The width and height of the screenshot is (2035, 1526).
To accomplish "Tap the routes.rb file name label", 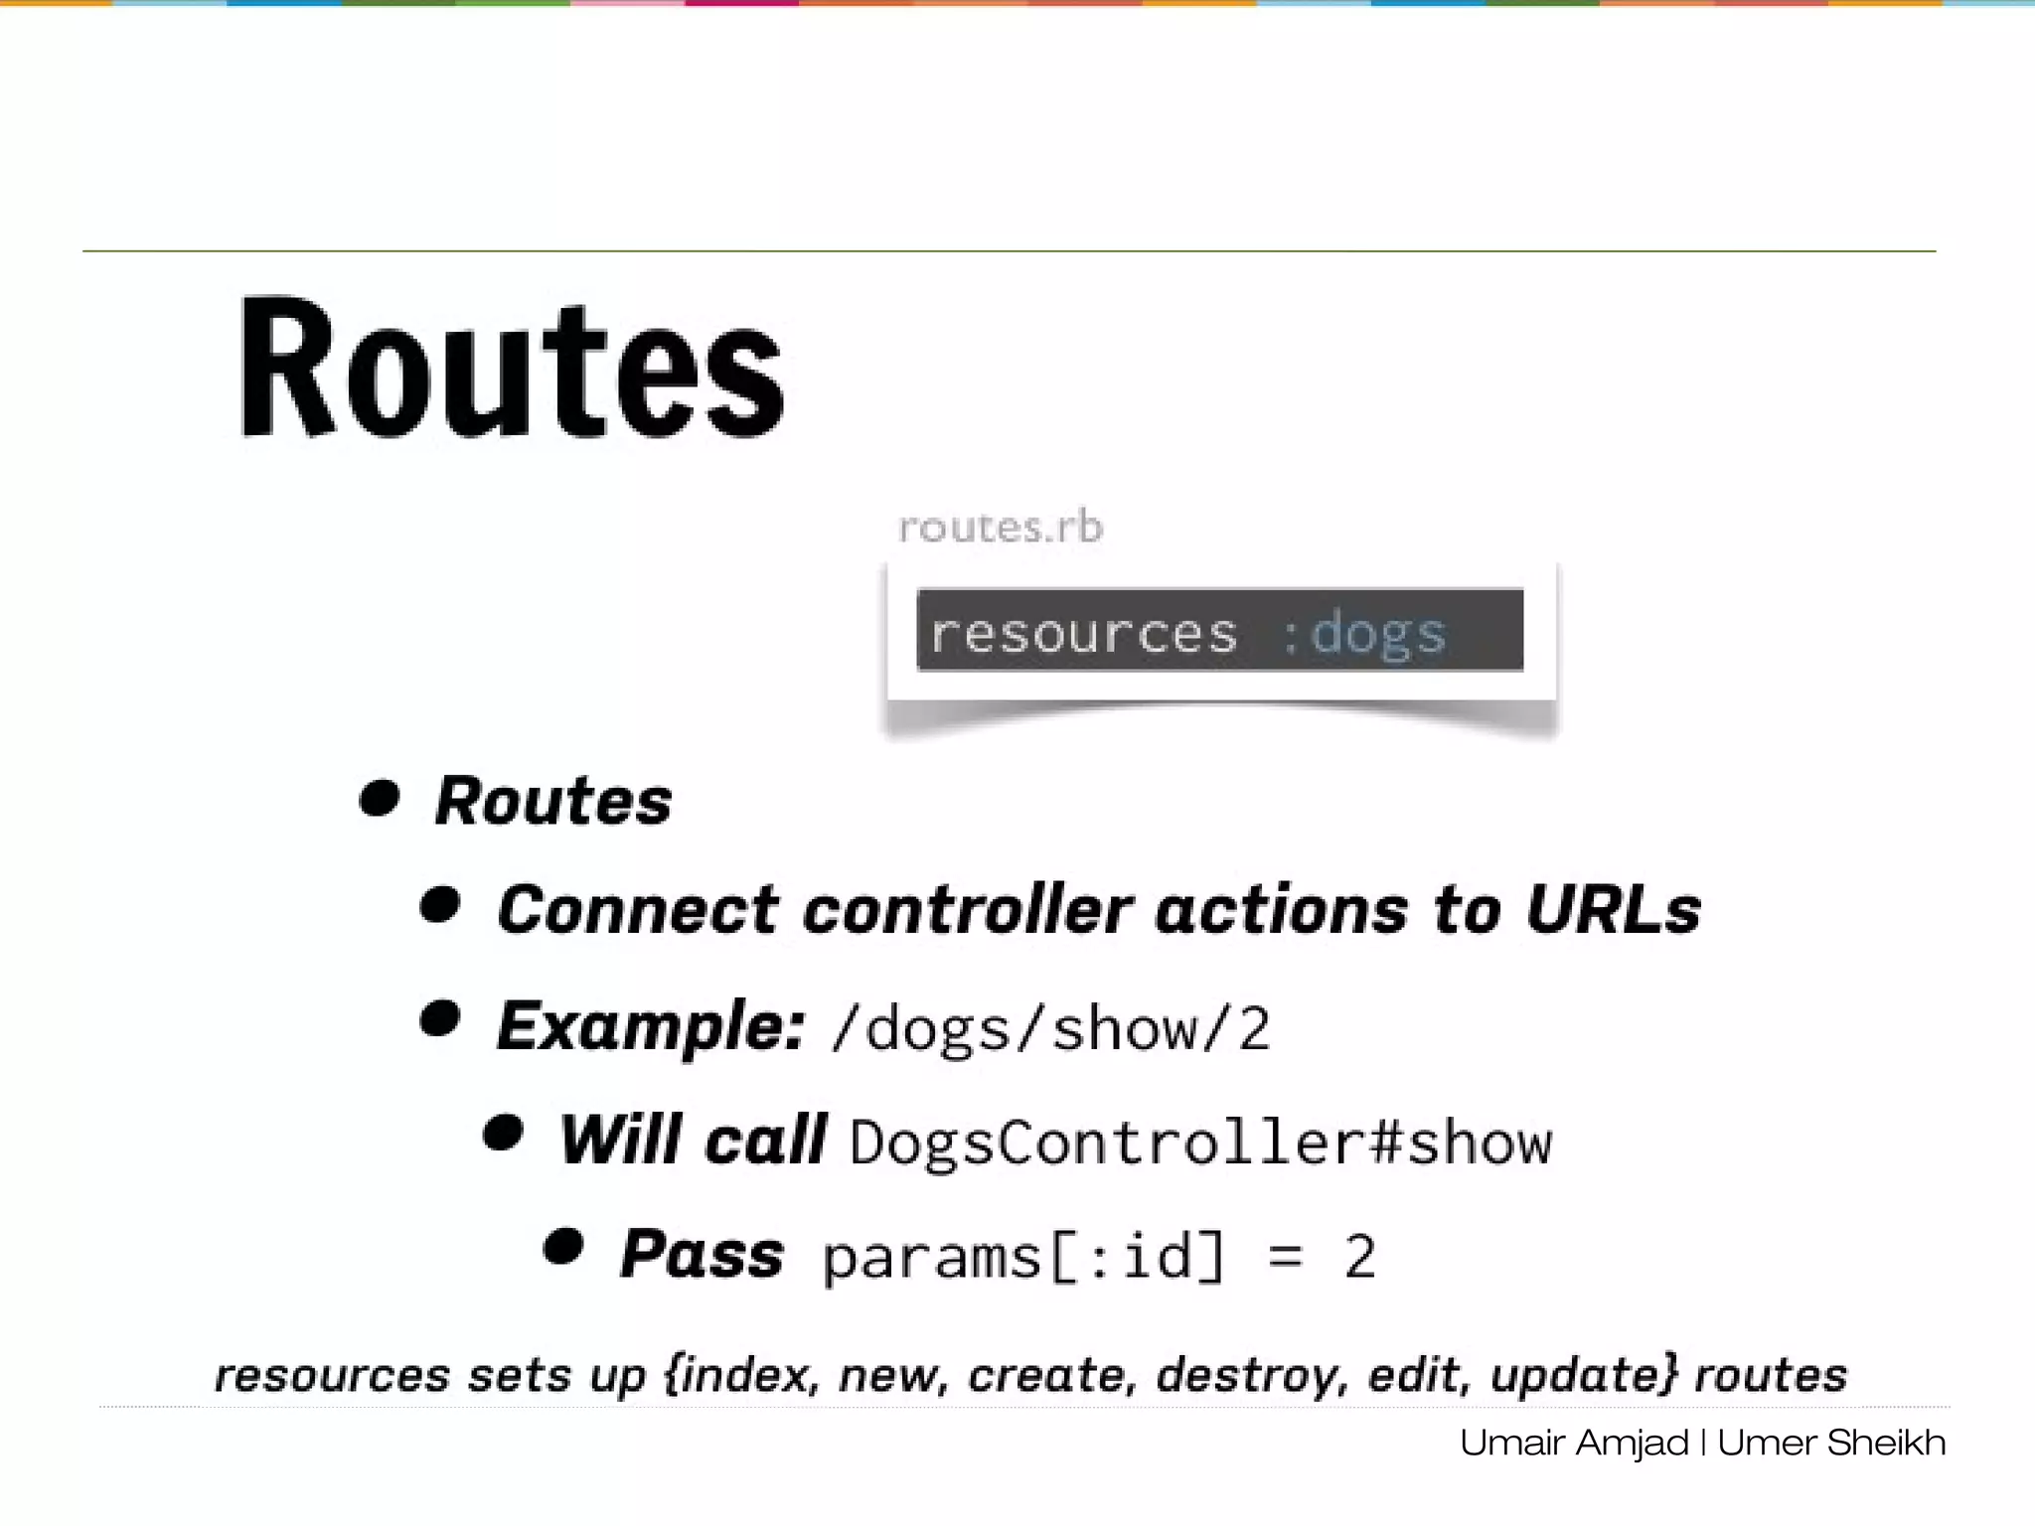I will (1001, 527).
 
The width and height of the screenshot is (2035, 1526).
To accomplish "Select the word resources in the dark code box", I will (1084, 633).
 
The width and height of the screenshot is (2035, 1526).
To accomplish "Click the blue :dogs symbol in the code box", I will (1365, 633).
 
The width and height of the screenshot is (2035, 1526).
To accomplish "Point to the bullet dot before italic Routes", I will (380, 798).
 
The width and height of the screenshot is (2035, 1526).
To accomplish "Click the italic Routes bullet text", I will (553, 801).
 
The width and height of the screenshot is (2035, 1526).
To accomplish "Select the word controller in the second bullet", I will (967, 910).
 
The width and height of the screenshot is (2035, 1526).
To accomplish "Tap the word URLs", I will (1613, 910).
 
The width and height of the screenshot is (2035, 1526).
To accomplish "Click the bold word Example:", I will (650, 1025).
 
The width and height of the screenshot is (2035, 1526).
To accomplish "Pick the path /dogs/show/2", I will (1051, 1028).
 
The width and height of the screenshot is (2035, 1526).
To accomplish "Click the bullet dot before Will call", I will (504, 1133).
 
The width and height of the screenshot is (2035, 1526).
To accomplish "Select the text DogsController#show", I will (1200, 1143).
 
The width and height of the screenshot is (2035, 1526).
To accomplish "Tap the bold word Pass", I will (702, 1254).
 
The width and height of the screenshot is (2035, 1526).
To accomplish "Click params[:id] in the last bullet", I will (1024, 1257).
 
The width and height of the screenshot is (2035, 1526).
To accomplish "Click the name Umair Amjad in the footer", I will (1574, 1443).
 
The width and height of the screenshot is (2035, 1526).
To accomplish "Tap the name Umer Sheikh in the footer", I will (1830, 1443).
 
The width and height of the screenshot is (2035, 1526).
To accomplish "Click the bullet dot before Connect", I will (441, 905).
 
